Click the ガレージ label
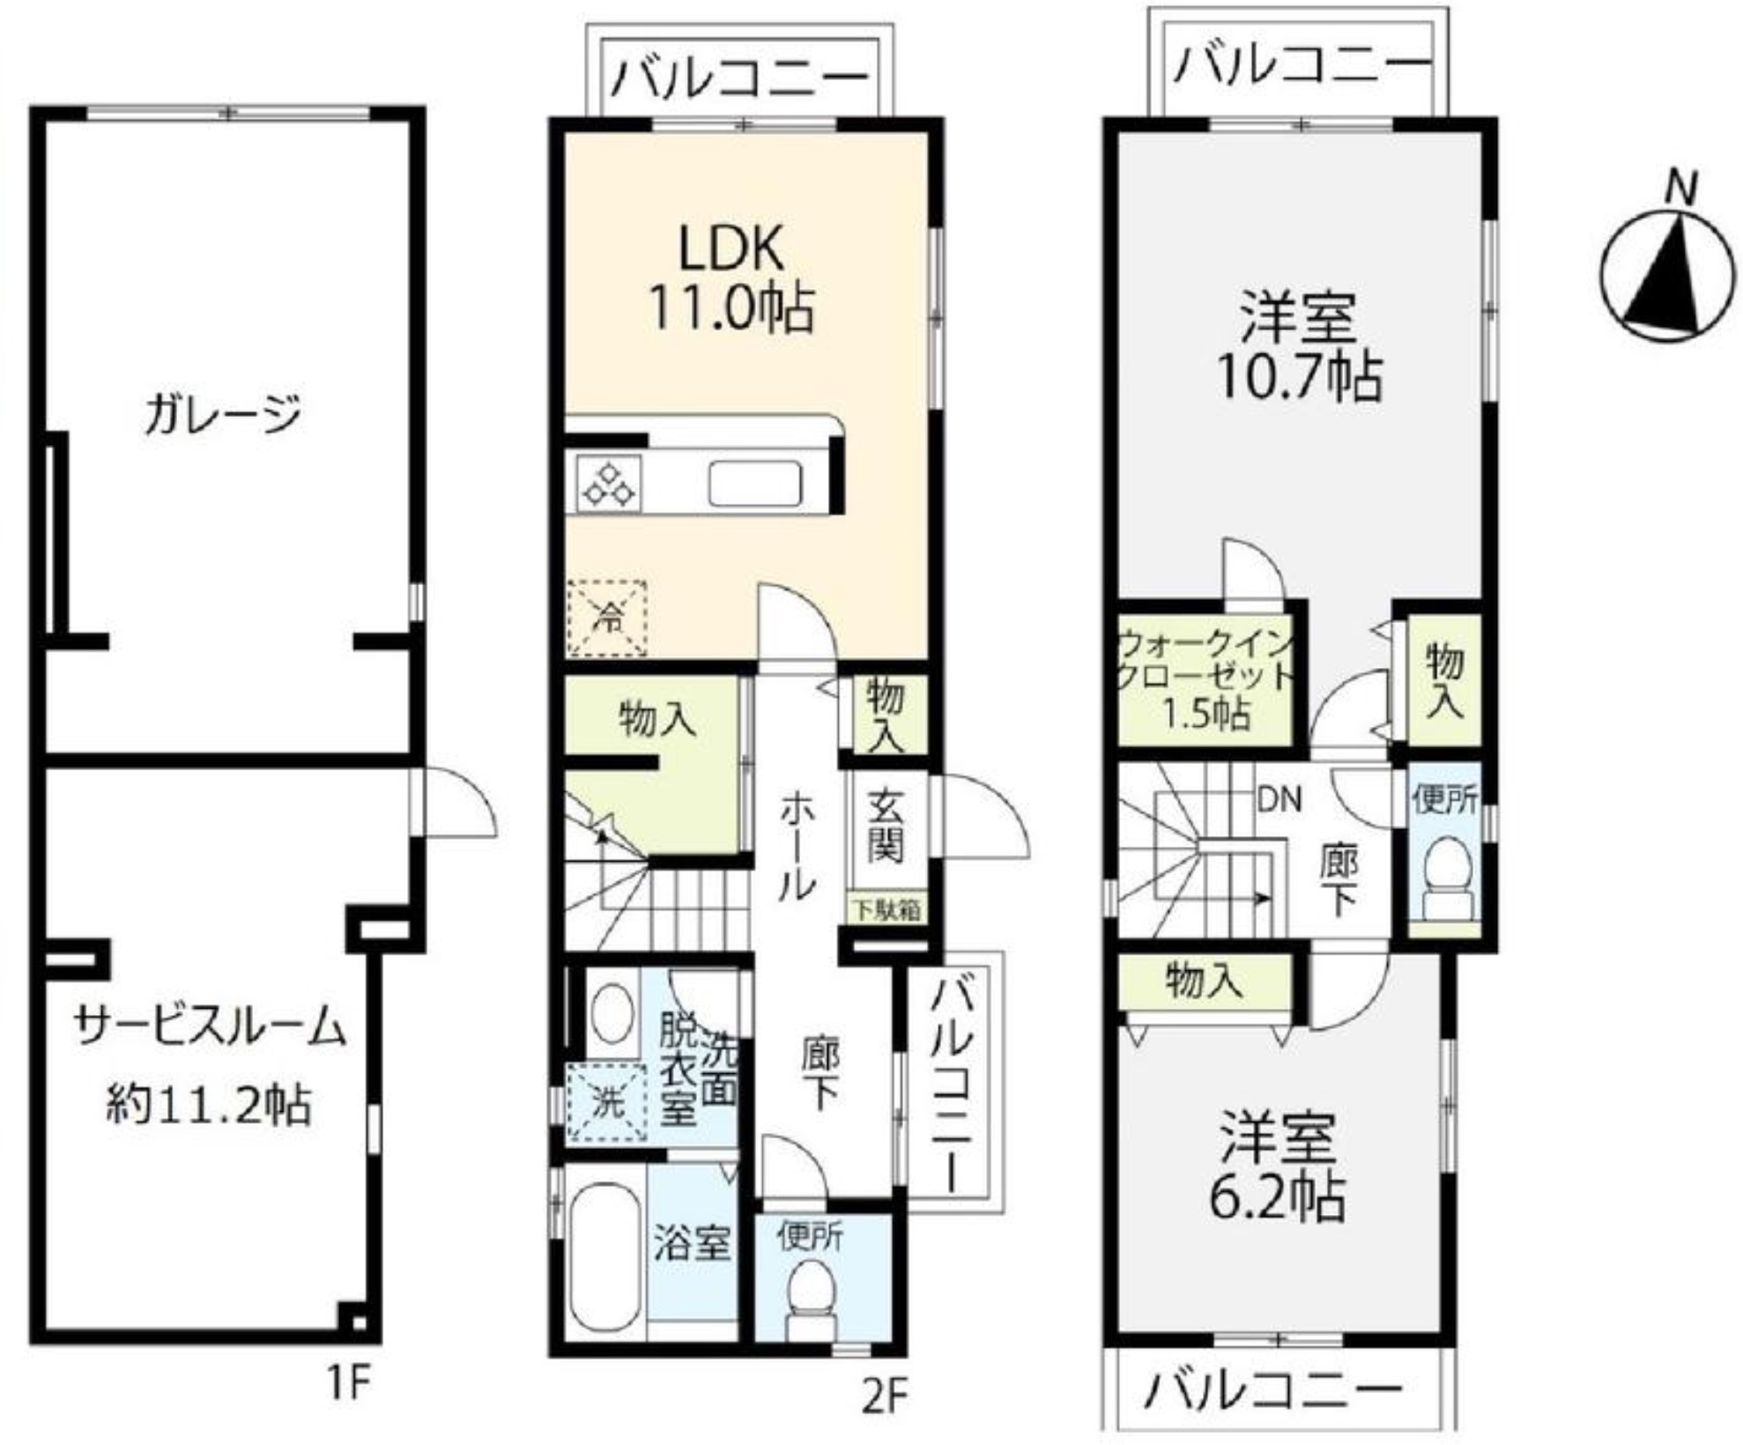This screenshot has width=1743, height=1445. click(x=223, y=414)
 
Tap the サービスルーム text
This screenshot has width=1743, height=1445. click(x=210, y=1027)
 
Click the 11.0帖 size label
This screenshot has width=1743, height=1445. click(x=731, y=308)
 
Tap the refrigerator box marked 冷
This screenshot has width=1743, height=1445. click(x=607, y=618)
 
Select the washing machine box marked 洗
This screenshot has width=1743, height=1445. click(x=607, y=1103)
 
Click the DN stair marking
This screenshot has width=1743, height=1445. click(x=1279, y=799)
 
